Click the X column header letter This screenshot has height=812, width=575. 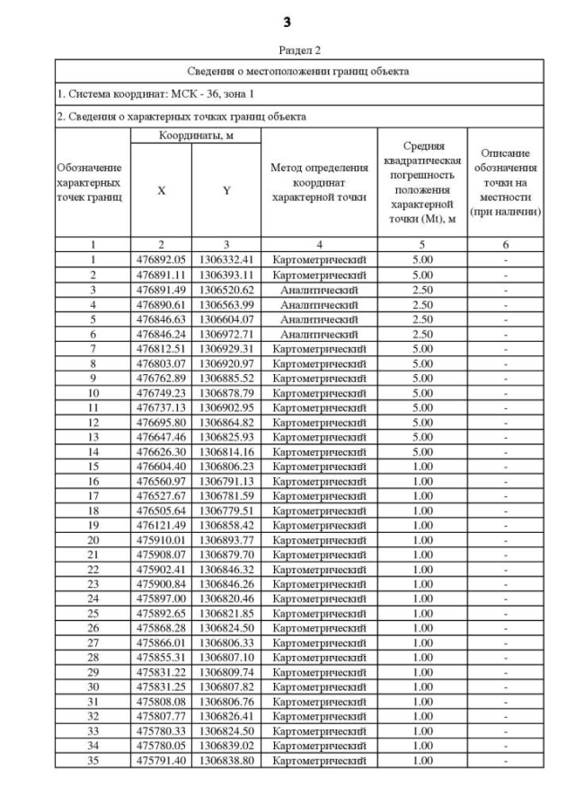pos(161,190)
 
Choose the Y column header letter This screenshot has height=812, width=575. pos(226,190)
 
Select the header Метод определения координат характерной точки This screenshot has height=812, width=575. pos(319,183)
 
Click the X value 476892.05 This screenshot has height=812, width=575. pos(161,259)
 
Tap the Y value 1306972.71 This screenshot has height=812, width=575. pos(226,334)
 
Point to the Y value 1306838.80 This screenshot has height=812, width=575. pos(226,761)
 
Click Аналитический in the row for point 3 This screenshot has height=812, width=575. pos(319,289)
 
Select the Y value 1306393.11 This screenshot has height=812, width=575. pos(226,274)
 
